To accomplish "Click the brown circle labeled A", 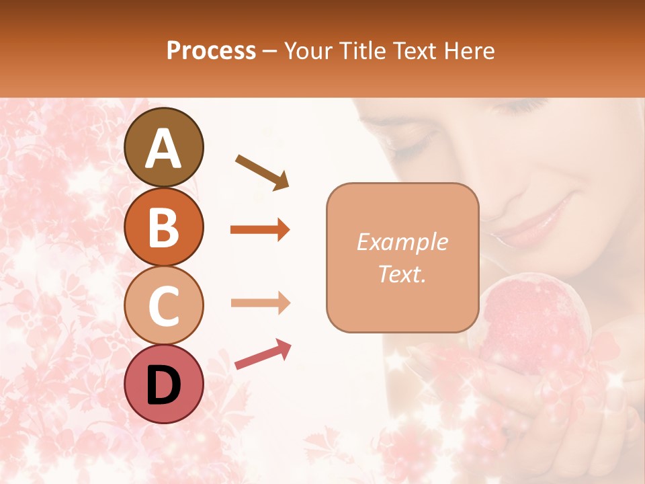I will (164, 147).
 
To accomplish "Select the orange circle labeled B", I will (164, 227).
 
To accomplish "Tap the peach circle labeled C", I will (164, 305).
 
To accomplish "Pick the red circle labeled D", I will (164, 384).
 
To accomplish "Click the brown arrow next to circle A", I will (261, 171).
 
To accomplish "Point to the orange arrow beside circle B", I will (260, 230).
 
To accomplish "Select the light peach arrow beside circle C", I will (260, 303).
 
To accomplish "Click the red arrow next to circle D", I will (263, 354).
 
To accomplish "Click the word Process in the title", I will (211, 50).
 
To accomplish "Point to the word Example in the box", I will (402, 242).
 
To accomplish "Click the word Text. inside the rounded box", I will (402, 274).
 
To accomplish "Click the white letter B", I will (164, 227).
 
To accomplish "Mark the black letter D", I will (164, 385).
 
